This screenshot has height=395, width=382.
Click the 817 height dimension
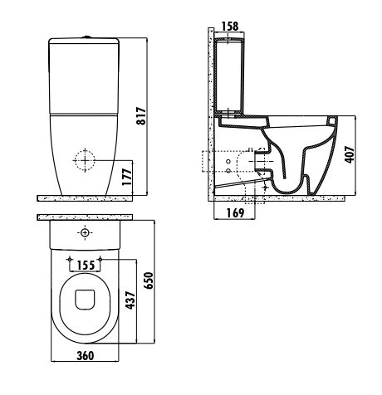click(141, 116)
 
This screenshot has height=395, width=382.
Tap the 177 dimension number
click(127, 177)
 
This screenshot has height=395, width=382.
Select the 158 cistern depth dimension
click(230, 27)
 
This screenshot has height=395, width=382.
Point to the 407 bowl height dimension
click(350, 154)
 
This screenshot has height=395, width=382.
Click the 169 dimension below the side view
click(235, 213)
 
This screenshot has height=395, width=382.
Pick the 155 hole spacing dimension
click(86, 266)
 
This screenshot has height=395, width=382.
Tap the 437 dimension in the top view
click(130, 300)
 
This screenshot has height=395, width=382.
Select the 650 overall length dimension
click(149, 280)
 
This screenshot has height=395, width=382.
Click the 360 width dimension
click(86, 356)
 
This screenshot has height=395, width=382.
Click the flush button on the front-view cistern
click(87, 37)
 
